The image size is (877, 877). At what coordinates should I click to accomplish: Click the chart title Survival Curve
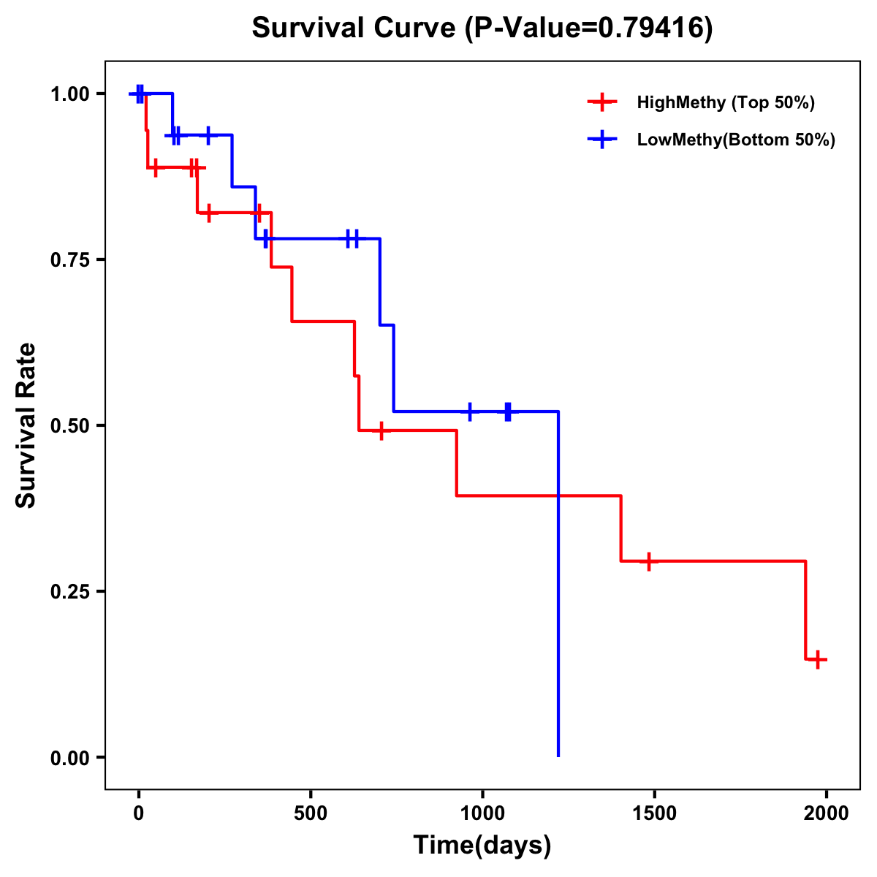[x=357, y=29]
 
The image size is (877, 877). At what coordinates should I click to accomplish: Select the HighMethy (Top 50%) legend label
[x=725, y=102]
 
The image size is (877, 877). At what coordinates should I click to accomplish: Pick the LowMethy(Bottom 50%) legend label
[x=736, y=140]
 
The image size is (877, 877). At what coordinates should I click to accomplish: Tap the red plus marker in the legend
[x=602, y=102]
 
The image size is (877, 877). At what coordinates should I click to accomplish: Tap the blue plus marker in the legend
[x=602, y=140]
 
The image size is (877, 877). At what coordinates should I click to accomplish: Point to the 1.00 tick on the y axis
[x=69, y=94]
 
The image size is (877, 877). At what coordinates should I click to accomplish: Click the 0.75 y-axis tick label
[x=69, y=260]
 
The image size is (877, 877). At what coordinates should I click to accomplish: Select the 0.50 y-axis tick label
[x=69, y=426]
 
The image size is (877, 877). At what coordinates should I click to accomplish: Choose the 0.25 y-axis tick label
[x=69, y=592]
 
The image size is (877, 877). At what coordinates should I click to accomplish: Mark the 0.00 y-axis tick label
[x=69, y=758]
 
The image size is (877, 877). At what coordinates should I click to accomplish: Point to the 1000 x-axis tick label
[x=482, y=813]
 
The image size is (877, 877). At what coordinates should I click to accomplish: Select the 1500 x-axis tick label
[x=654, y=813]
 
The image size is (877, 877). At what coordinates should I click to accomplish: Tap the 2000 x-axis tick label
[x=826, y=813]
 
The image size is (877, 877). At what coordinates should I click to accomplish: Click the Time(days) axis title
[x=482, y=845]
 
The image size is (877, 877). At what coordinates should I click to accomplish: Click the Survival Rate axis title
[x=26, y=425]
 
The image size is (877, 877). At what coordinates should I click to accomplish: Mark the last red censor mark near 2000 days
[x=819, y=659]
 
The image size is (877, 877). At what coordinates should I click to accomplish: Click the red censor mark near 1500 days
[x=648, y=561]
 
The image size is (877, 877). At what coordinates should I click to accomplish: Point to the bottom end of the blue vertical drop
[x=558, y=756]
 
